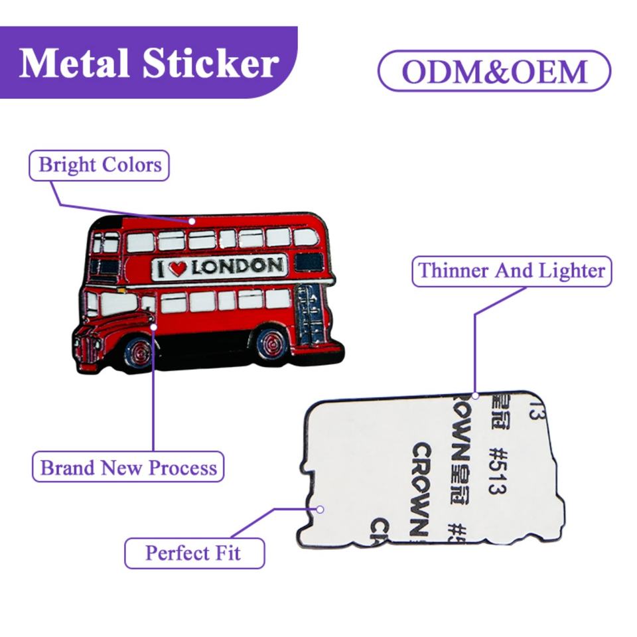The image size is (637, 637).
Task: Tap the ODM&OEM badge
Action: click(494, 71)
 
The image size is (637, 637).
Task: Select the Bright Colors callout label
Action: click(100, 165)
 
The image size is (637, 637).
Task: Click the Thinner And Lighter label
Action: click(512, 271)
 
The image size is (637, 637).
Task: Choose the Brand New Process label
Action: click(129, 467)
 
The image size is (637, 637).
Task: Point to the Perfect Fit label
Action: click(194, 552)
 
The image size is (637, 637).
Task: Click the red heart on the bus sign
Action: click(177, 268)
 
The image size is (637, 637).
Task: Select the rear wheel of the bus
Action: click(271, 344)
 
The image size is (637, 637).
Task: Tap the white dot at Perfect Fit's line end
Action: click(320, 510)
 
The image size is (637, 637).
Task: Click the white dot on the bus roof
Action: click(192, 221)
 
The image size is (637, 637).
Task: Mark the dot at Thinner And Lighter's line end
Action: click(475, 396)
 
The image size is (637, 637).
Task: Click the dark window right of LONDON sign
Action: click(309, 262)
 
